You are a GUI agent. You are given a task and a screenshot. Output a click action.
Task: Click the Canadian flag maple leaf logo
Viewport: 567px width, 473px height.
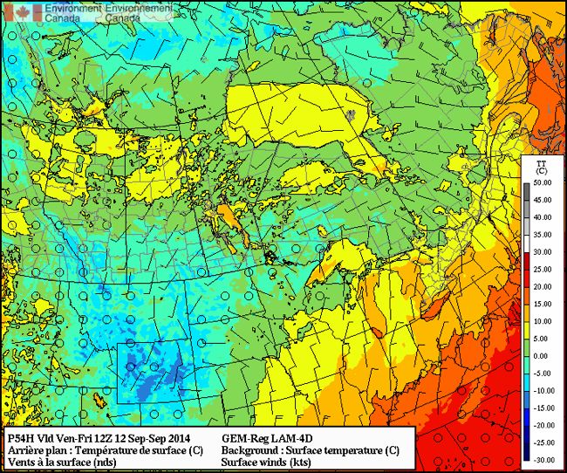pos(12,11)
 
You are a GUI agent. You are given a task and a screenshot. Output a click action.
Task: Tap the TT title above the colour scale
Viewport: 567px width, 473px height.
pos(540,162)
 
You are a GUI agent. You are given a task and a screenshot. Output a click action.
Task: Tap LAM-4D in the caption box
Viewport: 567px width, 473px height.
pos(293,438)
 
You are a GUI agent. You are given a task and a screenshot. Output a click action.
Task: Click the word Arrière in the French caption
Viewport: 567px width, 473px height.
pos(26,450)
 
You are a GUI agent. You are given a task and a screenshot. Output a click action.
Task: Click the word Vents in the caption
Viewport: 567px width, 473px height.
pos(20,463)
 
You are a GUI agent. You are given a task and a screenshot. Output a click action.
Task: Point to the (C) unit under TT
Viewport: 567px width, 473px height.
pos(540,172)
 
